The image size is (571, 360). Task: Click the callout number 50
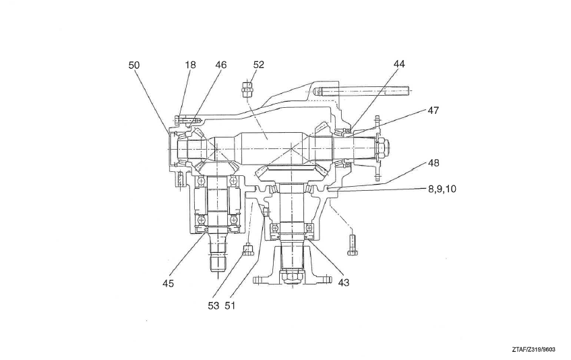(134, 65)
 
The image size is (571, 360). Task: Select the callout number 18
(190, 65)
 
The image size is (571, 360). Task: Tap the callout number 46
(220, 65)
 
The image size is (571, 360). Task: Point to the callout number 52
(259, 65)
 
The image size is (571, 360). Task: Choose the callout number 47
(433, 110)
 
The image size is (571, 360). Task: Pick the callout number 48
(433, 162)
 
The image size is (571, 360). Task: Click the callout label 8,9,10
(442, 189)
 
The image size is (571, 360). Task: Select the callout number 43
(343, 282)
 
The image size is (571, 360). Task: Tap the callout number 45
(168, 283)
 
